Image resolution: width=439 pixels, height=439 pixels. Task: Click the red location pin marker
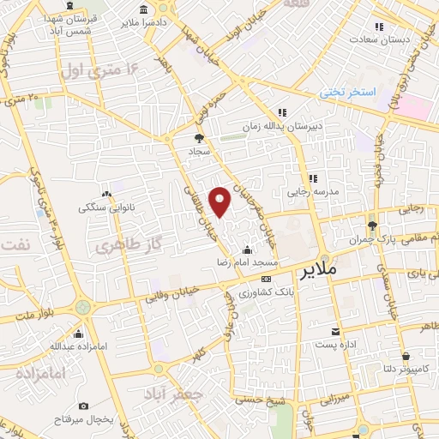(220, 201)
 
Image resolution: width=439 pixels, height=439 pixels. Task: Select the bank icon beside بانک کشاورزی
(267, 279)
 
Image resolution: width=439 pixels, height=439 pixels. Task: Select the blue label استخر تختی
(347, 90)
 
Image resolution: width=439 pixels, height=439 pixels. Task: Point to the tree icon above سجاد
(200, 137)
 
